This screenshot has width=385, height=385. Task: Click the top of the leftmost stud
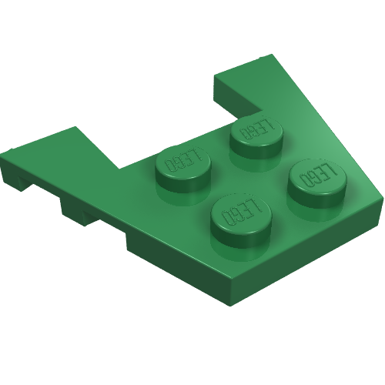pos(182,162)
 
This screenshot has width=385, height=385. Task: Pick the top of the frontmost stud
pos(241,213)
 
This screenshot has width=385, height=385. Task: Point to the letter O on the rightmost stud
pos(305,180)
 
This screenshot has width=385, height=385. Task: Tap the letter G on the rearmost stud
pos(254,131)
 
